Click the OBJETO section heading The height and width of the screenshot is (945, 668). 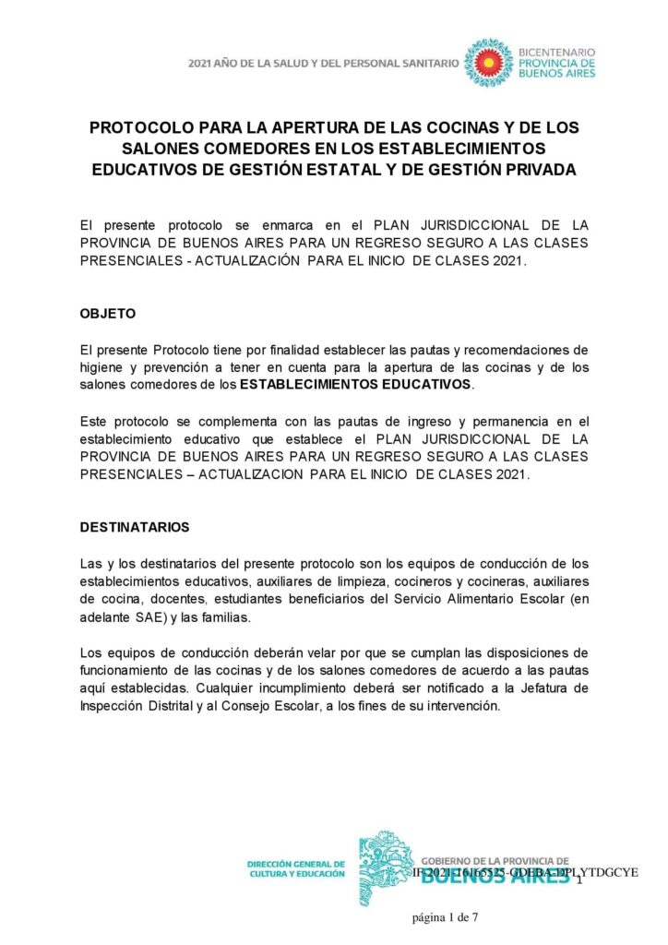click(108, 313)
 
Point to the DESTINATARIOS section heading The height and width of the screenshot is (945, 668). click(135, 527)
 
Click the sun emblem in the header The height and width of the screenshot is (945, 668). click(488, 63)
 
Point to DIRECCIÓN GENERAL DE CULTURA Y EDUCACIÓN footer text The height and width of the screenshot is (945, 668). click(295, 869)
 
